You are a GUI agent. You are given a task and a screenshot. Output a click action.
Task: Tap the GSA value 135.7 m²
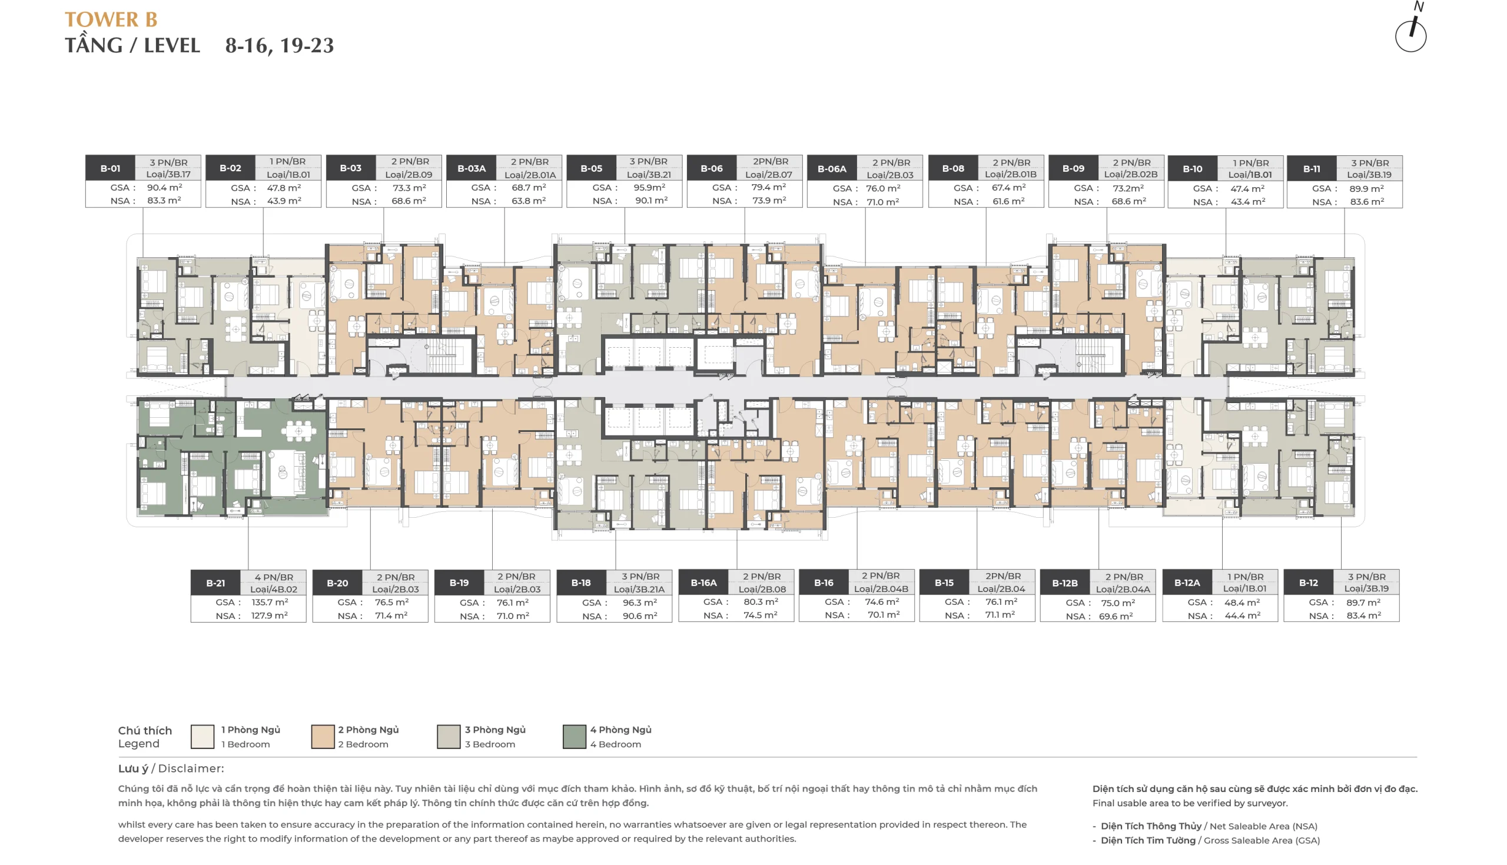(x=270, y=602)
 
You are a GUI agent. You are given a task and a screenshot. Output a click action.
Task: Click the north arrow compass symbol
(x=1410, y=29)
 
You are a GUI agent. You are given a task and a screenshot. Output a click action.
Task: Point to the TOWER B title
(x=111, y=19)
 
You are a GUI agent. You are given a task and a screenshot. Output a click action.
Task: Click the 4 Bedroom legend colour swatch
(x=574, y=737)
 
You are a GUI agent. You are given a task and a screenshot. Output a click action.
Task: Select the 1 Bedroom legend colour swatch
(x=203, y=737)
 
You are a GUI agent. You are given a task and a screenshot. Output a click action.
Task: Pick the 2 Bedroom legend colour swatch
(x=323, y=737)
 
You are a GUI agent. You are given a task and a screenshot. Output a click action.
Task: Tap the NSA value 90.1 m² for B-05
(x=651, y=200)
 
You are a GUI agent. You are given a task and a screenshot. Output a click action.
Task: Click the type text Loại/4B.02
(x=273, y=590)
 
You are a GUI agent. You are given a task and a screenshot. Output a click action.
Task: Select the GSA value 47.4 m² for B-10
(x=1247, y=188)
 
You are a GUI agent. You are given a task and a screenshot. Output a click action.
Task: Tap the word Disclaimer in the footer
(x=191, y=768)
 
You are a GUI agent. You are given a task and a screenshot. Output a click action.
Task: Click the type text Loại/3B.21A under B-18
(x=639, y=590)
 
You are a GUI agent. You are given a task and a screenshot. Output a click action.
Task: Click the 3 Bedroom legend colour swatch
(x=449, y=737)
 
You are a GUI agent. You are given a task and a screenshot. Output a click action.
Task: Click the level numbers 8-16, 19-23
(x=279, y=46)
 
